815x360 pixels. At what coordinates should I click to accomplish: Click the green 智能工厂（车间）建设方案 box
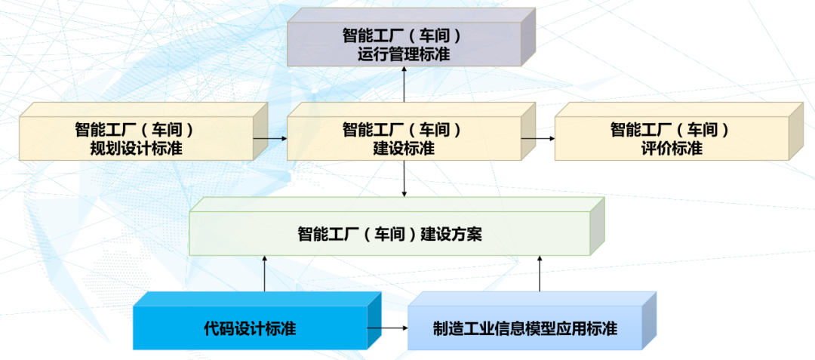(389, 234)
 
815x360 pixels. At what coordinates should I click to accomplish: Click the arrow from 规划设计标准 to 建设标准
(270, 139)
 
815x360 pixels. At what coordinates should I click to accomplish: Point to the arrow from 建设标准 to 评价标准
(538, 139)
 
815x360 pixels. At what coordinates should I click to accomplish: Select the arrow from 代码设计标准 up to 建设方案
(265, 274)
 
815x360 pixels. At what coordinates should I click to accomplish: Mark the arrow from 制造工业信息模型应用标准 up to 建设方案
(540, 274)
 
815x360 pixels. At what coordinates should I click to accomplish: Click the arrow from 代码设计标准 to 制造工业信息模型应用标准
(388, 329)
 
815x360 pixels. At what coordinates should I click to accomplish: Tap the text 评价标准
(671, 149)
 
